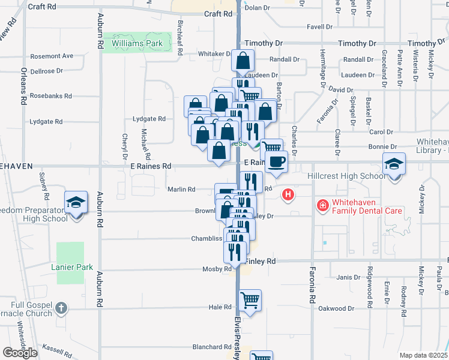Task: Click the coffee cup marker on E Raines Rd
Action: click(276, 162)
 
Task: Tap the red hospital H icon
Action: click(289, 194)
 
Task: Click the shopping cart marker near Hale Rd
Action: click(249, 299)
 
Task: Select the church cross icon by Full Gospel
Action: click(60, 308)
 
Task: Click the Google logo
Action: click(20, 352)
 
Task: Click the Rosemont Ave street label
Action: click(52, 56)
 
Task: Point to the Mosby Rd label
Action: click(220, 269)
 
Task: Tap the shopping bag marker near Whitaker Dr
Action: click(243, 61)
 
